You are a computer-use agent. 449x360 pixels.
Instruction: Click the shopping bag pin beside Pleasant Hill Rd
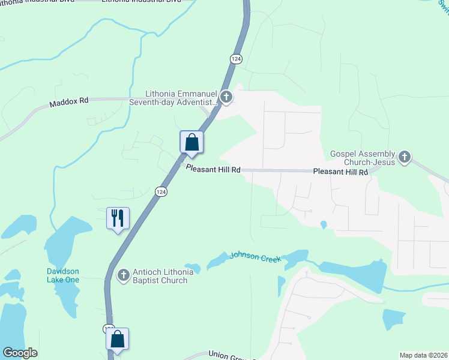(191, 143)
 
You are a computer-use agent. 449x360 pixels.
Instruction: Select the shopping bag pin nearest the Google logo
(118, 339)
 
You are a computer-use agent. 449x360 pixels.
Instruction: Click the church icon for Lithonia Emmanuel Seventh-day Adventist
(226, 97)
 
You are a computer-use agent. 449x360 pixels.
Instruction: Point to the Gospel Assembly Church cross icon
(405, 158)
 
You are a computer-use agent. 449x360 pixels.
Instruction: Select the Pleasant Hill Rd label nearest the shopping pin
(213, 170)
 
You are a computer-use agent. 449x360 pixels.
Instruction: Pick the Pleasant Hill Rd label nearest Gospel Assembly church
(340, 172)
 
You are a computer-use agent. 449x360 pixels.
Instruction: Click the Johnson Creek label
(253, 256)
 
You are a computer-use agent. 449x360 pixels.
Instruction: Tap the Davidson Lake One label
(63, 275)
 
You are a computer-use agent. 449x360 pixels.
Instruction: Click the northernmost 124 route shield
(235, 58)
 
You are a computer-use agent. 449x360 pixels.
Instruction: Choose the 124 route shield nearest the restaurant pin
(160, 191)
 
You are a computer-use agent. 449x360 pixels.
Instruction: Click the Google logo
(20, 353)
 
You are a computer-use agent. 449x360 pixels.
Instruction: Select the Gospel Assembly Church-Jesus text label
(363, 158)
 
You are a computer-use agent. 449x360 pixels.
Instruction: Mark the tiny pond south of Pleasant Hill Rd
(324, 225)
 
